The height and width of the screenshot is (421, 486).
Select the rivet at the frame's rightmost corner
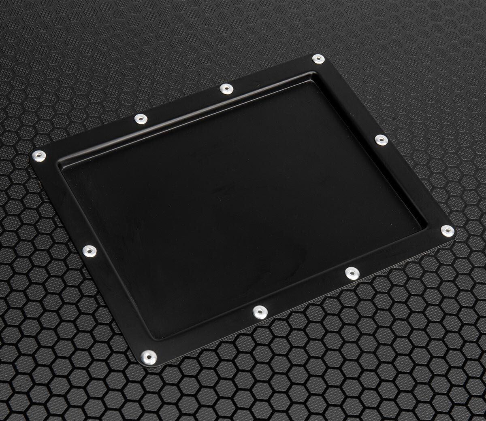pyautogui.click(x=446, y=231)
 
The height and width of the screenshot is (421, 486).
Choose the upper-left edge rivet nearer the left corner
pyautogui.click(x=140, y=118)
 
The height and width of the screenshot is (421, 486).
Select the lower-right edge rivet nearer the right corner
pyautogui.click(x=350, y=273)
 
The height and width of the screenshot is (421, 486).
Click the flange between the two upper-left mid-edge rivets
pyautogui.click(x=182, y=104)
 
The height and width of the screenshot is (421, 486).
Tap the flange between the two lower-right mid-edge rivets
pyautogui.click(x=305, y=292)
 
